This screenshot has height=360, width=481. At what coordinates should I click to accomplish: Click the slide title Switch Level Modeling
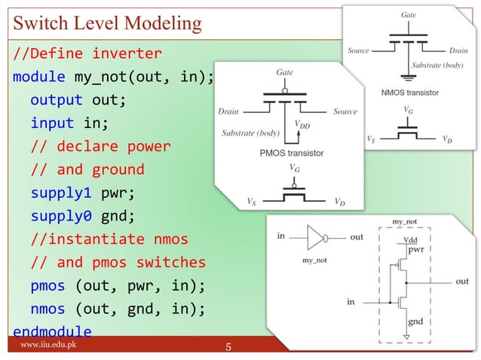coord(107,23)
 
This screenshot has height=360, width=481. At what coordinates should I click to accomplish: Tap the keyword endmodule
coord(52,332)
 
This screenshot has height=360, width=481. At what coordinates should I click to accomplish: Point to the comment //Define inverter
coord(86,54)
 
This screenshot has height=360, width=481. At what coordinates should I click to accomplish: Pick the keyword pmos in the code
coord(47,285)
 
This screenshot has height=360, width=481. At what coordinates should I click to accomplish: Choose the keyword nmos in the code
coord(47,309)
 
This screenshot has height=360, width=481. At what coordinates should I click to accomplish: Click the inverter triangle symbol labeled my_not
coord(314,236)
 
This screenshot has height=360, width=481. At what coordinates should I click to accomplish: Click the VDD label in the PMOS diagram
coord(302,125)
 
